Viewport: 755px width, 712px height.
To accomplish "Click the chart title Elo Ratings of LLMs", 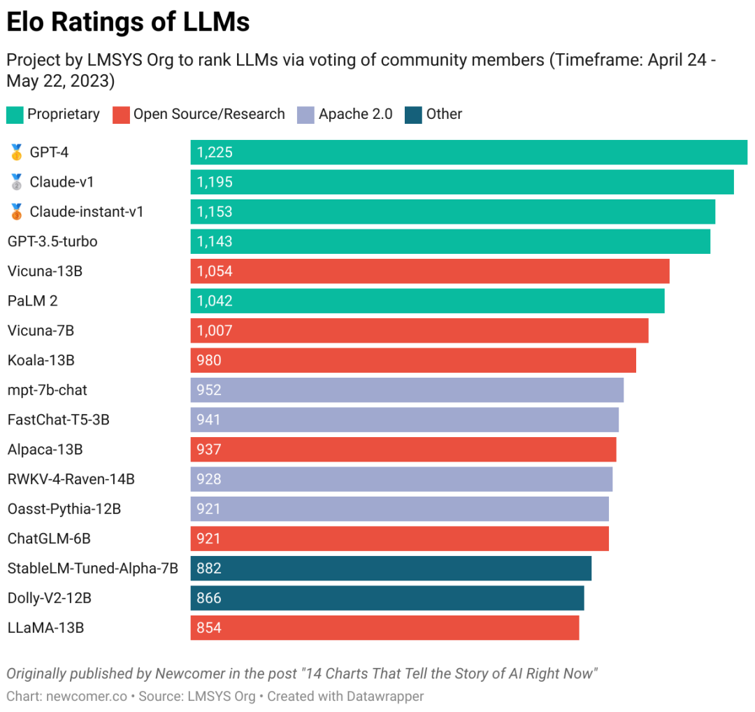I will [128, 23].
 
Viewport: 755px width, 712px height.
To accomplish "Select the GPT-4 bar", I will [468, 152].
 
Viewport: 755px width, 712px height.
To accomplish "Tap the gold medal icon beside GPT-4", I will [16, 152].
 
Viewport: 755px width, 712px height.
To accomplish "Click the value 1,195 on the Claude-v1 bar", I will [215, 182].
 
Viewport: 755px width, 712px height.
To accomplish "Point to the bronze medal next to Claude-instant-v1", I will [16, 212].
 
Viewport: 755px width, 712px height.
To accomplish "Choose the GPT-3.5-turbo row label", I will [52, 241].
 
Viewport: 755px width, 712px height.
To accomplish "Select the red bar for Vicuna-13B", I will [429, 271].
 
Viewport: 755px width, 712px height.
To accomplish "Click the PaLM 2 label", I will [33, 301].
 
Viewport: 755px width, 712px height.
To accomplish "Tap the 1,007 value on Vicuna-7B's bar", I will [215, 331].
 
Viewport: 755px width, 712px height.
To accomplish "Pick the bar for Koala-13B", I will [412, 360].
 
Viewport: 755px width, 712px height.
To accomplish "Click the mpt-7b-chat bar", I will [406, 390].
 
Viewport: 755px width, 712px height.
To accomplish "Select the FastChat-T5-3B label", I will [58, 420].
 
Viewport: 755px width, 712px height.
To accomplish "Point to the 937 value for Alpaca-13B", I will [209, 450].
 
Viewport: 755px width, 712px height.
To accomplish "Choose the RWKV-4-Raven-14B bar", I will [401, 479].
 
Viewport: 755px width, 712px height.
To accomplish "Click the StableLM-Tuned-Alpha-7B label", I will [92, 568].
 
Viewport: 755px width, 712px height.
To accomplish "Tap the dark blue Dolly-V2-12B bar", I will [387, 598].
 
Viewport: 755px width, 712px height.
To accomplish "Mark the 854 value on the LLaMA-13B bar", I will [209, 628].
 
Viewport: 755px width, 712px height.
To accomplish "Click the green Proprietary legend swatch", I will [14, 115].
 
